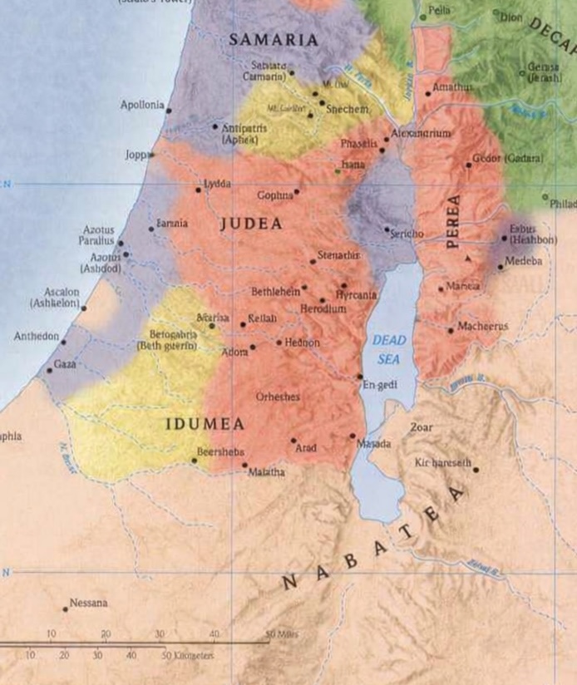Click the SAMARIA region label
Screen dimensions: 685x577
click(274, 39)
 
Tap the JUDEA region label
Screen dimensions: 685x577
click(251, 224)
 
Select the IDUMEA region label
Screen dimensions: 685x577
click(205, 424)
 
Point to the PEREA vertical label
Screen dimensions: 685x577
click(453, 222)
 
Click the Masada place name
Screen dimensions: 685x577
click(373, 445)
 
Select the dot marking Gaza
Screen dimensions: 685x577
click(49, 370)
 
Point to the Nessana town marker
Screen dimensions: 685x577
click(66, 609)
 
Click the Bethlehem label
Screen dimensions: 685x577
click(275, 292)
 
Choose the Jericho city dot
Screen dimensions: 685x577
click(387, 229)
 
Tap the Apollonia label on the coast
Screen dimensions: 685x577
click(142, 106)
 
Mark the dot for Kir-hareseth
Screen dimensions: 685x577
click(476, 470)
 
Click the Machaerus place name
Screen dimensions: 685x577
click(482, 327)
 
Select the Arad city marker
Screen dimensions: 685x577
click(293, 441)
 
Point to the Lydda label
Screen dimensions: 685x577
click(218, 183)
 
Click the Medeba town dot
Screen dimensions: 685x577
click(500, 267)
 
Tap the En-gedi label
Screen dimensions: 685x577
click(377, 385)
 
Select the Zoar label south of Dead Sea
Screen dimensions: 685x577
click(422, 426)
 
